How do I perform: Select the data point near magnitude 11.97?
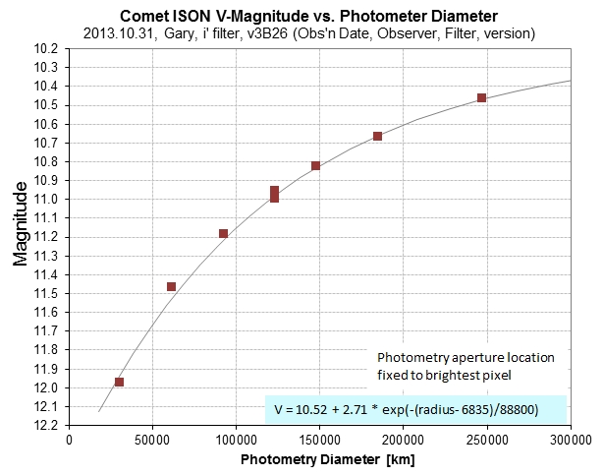click(x=119, y=382)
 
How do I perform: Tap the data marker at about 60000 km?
click(x=171, y=286)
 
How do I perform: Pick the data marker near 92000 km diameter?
click(x=223, y=233)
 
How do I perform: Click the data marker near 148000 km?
click(x=315, y=165)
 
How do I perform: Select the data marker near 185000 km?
click(x=377, y=136)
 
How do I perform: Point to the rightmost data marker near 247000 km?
click(x=481, y=97)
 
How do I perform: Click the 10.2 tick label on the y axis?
click(x=48, y=48)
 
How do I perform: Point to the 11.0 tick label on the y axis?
click(x=48, y=199)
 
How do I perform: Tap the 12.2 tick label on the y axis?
click(x=48, y=425)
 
